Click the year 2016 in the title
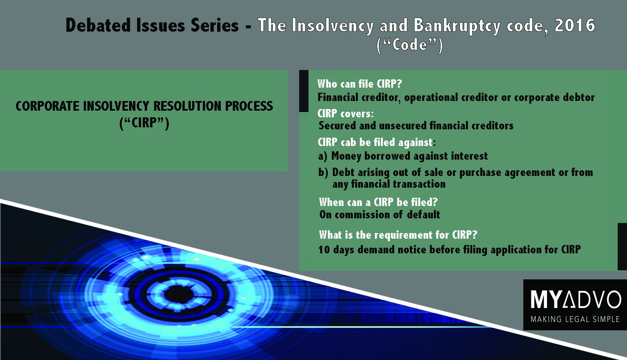pyautogui.click(x=575, y=25)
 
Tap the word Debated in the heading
pyautogui.click(x=98, y=25)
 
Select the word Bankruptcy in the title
pyautogui.click(x=457, y=26)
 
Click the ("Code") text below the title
pyautogui.click(x=410, y=45)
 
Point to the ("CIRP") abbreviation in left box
pyautogui.click(x=144, y=123)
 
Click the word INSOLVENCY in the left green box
pyautogui.click(x=116, y=106)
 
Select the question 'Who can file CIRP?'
pyautogui.click(x=360, y=84)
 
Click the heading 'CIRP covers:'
pyautogui.click(x=346, y=114)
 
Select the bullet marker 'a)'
pyautogui.click(x=323, y=156)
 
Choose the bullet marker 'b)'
pyautogui.click(x=323, y=172)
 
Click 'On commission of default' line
pyautogui.click(x=380, y=215)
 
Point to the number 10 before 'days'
pyautogui.click(x=324, y=250)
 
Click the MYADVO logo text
pyautogui.click(x=576, y=299)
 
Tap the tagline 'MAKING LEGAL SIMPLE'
pyautogui.click(x=575, y=319)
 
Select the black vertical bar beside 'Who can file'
pyautogui.click(x=304, y=91)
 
